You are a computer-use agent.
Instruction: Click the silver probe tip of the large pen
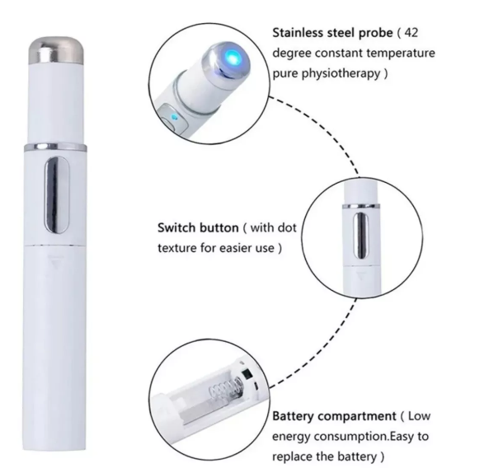coord(56,50)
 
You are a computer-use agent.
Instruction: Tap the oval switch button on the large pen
coord(56,195)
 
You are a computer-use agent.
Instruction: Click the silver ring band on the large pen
coord(55,147)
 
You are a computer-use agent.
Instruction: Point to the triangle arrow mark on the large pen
coord(56,261)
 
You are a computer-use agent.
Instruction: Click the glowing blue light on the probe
coord(232,58)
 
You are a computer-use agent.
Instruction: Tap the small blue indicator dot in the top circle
coord(174,118)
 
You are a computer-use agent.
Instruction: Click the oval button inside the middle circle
coord(361,236)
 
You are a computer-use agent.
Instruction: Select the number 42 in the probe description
coord(411,32)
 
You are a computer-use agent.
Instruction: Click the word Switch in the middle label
coord(176,227)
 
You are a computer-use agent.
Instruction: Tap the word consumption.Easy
coord(364,437)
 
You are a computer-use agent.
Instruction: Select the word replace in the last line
coord(292,457)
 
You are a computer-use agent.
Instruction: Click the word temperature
coord(401,54)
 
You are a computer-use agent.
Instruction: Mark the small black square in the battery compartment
coord(247,373)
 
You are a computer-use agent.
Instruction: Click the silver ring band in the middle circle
coord(361,206)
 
